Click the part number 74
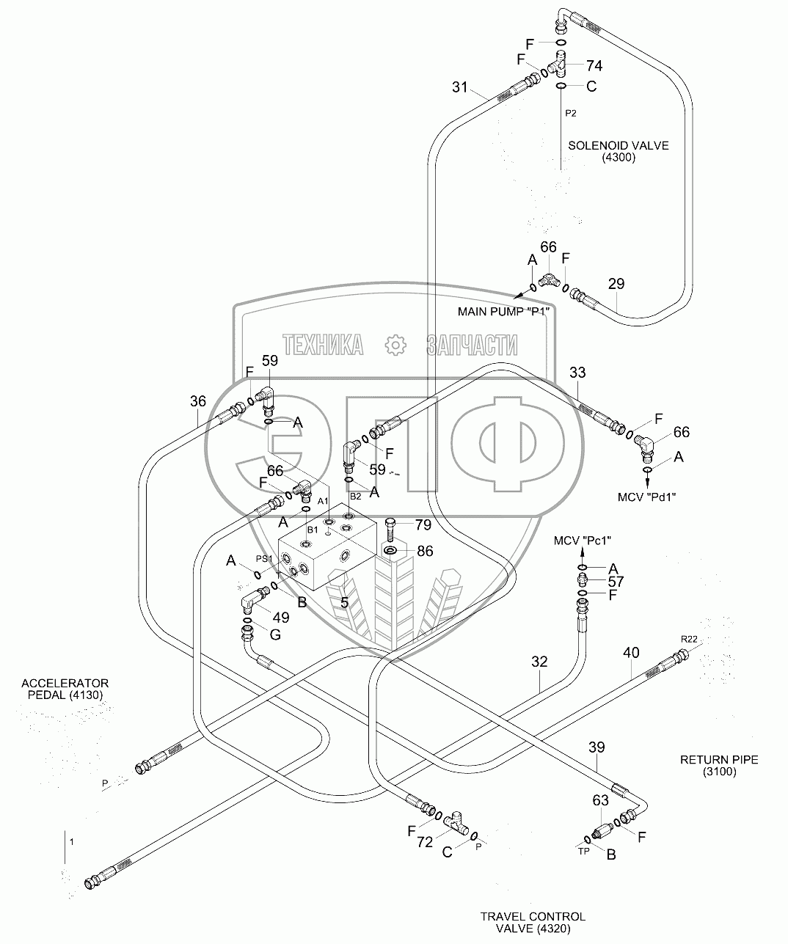click(x=594, y=67)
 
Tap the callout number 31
click(x=459, y=87)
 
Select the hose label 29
click(x=616, y=283)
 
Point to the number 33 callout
click(x=578, y=373)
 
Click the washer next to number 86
click(x=390, y=551)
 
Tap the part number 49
click(x=280, y=618)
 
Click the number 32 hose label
click(x=540, y=662)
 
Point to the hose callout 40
click(x=631, y=651)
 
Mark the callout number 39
click(x=597, y=747)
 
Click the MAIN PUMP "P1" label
click(x=504, y=311)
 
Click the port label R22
click(x=689, y=640)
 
